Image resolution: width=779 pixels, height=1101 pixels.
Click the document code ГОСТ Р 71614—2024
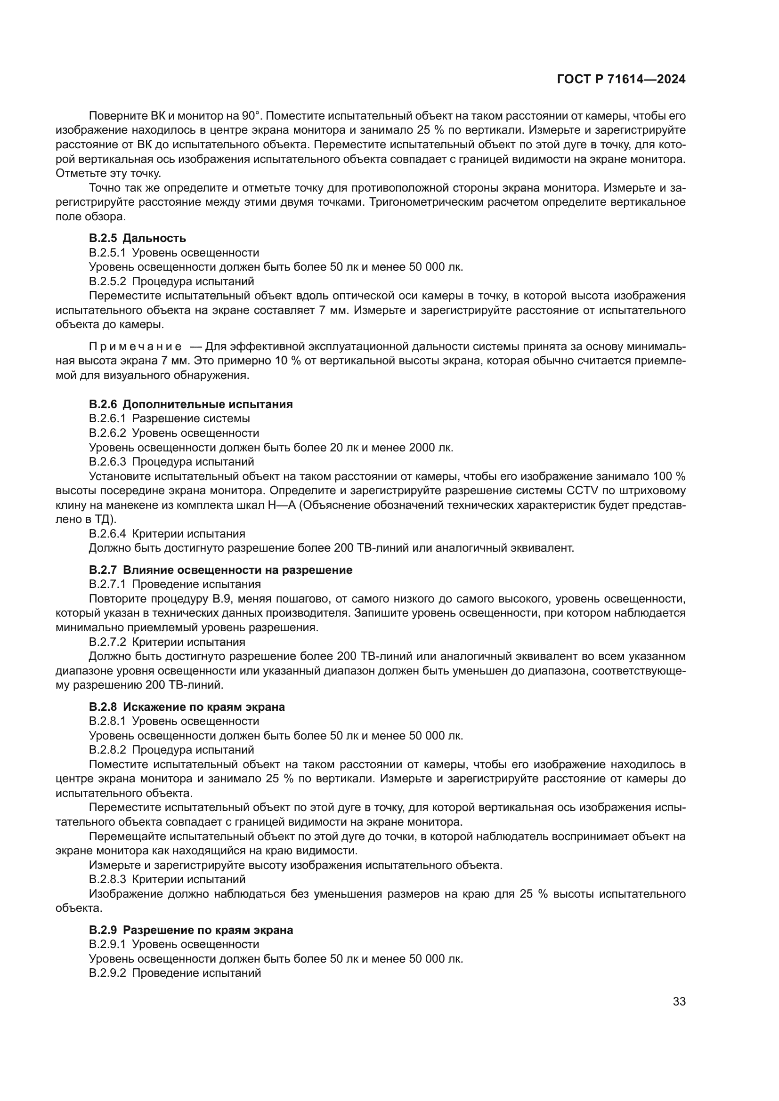621,80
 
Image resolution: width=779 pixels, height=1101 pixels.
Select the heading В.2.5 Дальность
138,238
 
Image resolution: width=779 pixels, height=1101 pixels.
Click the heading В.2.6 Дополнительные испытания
190,404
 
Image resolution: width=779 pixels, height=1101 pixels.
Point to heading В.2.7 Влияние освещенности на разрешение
220,570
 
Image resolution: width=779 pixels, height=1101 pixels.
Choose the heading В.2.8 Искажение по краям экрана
187,707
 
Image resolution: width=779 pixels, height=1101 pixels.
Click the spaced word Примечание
135,346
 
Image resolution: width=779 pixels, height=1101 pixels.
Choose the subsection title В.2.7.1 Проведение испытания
175,584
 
